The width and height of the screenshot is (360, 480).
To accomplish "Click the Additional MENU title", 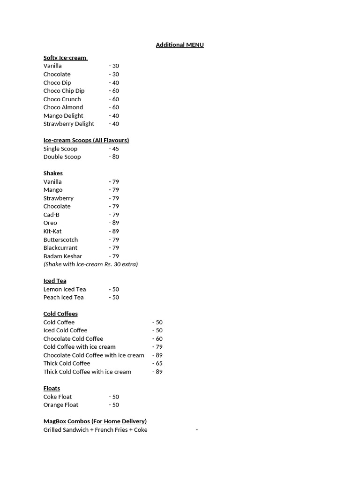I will (x=180, y=45).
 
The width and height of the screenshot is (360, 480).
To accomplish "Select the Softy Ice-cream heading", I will (x=65, y=58).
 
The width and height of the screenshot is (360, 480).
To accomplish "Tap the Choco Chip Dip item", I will (x=64, y=91).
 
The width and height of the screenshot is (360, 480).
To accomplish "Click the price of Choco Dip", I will (x=114, y=82).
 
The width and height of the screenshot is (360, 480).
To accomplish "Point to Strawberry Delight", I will (x=69, y=124).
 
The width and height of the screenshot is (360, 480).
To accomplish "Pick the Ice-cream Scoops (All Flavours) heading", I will (x=86, y=140).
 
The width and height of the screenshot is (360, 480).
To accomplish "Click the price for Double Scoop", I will (x=114, y=157).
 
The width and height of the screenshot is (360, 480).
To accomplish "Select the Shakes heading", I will (x=53, y=173).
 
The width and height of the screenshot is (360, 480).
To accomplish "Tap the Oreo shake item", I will (x=50, y=223).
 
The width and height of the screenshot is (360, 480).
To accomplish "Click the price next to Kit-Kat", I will (x=114, y=231).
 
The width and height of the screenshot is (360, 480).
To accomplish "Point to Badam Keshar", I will (x=63, y=256).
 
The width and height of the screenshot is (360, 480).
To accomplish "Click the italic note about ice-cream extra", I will (x=90, y=264).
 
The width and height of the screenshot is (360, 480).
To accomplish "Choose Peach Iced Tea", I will (x=63, y=297).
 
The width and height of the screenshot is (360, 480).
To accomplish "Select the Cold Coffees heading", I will (x=60, y=314).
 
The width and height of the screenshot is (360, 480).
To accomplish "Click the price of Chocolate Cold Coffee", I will (x=157, y=338).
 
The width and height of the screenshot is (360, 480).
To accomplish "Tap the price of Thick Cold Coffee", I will (x=157, y=363).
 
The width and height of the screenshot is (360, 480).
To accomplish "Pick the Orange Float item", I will (x=61, y=405).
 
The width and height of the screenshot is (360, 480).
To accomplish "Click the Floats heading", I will (x=52, y=388).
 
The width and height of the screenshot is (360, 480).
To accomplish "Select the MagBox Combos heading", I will (x=95, y=421).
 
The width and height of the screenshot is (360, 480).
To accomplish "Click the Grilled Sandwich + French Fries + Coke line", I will (x=95, y=430).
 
